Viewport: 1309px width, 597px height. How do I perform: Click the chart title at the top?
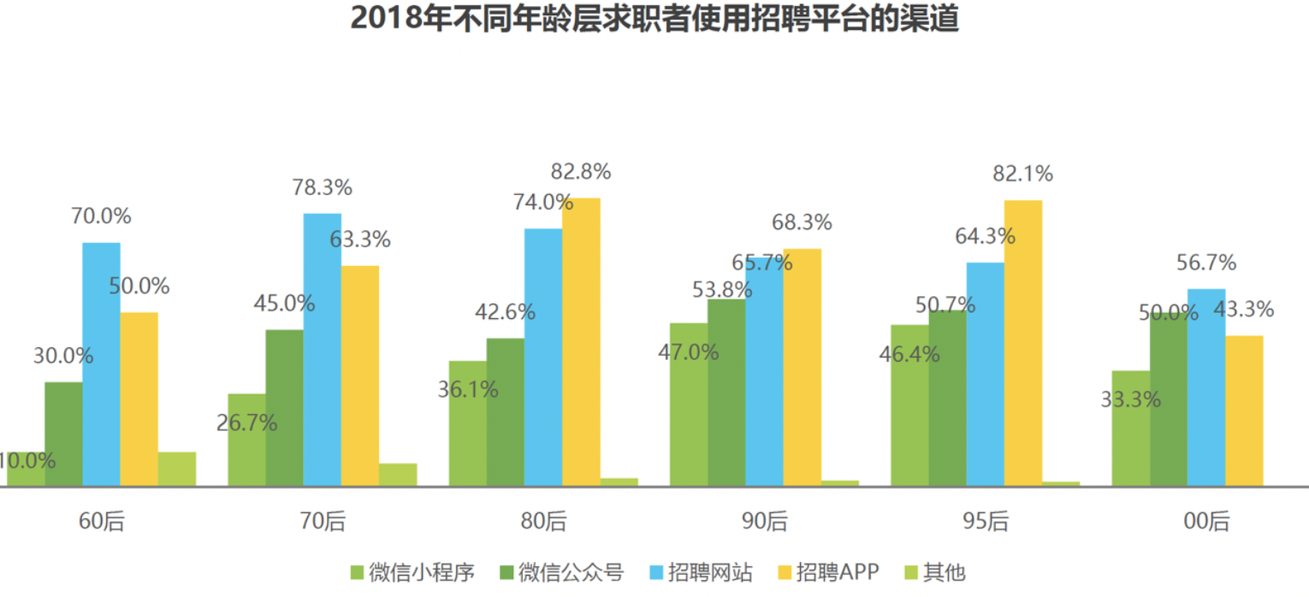coord(654,19)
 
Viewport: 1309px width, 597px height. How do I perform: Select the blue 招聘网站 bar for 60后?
coord(101,364)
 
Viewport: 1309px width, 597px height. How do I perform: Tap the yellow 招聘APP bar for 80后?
coord(581,342)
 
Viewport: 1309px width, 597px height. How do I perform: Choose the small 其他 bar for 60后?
coord(177,469)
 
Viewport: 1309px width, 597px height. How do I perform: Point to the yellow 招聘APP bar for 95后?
coord(1022,343)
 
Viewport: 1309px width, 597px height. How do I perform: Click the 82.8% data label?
coord(581,172)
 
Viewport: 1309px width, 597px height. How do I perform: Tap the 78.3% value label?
coord(322,188)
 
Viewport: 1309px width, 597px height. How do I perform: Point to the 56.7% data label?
coord(1205,263)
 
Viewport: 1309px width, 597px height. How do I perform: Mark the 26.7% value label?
coord(246,423)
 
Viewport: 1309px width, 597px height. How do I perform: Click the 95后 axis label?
coord(986,521)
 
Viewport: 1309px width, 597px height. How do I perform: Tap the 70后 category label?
coord(322,521)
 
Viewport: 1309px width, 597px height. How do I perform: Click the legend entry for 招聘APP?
coord(827,572)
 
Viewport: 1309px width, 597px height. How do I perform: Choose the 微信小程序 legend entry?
coord(412,572)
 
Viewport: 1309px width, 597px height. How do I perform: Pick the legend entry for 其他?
coord(934,572)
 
